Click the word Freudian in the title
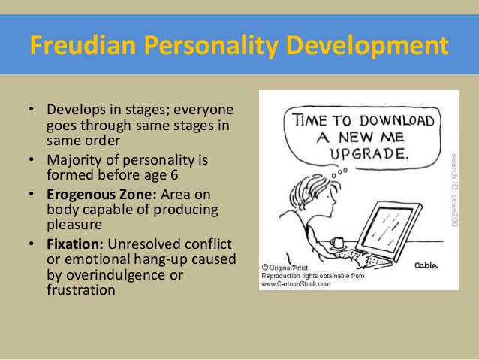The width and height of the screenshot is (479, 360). [x=83, y=45]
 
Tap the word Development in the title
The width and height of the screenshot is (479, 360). [x=367, y=46]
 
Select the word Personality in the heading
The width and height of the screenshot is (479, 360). [x=211, y=46]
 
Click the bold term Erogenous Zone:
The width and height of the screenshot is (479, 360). [x=101, y=195]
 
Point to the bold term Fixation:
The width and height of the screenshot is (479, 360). [x=75, y=244]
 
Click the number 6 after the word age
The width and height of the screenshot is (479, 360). [x=174, y=175]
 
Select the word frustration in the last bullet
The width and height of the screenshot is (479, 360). [x=81, y=290]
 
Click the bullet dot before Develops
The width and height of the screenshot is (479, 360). [x=32, y=109]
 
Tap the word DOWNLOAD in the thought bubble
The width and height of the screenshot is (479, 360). [x=396, y=120]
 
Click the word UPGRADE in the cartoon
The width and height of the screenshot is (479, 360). [x=369, y=153]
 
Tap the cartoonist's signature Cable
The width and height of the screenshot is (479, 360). [x=426, y=265]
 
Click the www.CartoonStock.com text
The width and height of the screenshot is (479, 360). [x=296, y=284]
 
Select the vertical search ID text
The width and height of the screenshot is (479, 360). [x=454, y=190]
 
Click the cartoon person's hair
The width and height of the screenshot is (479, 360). [x=309, y=190]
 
